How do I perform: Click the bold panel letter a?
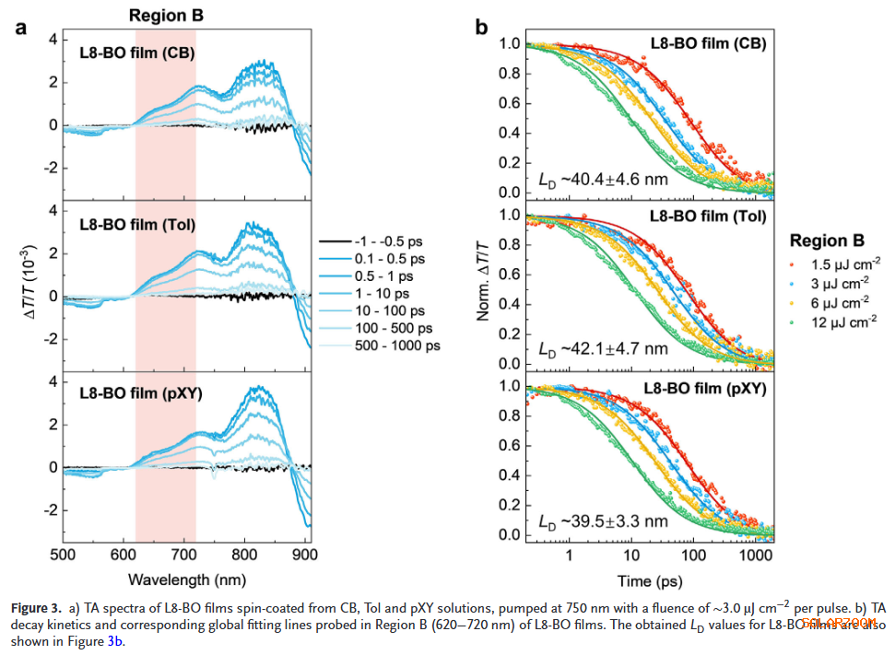coord(19,29)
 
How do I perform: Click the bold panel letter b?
coord(481,29)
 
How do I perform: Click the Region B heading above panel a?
coord(166,15)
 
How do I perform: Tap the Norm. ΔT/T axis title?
coord(482,277)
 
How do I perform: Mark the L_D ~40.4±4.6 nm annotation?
coord(603,179)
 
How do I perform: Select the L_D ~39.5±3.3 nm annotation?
coord(603,521)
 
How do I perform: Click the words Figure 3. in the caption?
coord(36,609)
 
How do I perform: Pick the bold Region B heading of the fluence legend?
coord(827,241)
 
